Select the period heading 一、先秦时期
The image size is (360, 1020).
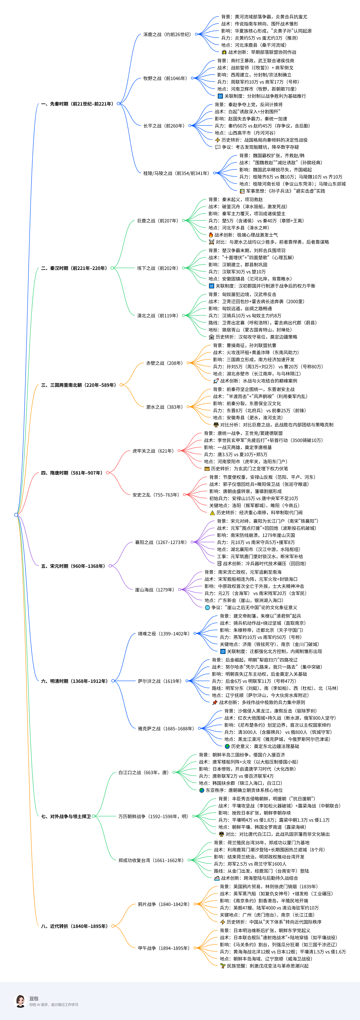77,104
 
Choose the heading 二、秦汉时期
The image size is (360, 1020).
74,268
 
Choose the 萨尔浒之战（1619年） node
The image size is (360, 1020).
160,681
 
